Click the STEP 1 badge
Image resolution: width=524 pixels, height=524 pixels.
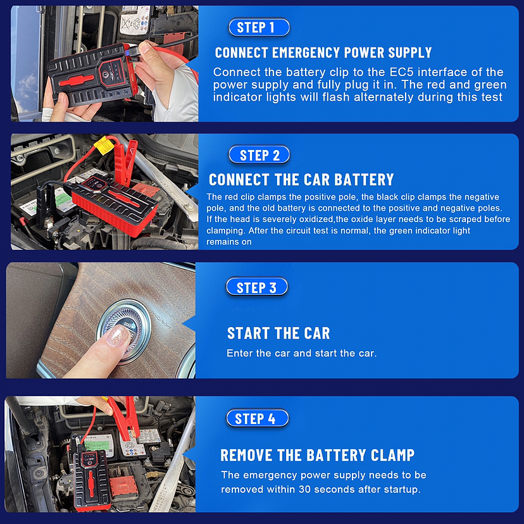259,27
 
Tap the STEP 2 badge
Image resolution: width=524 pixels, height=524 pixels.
259,155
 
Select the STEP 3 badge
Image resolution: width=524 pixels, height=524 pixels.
257,287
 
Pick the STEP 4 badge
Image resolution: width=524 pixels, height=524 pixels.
257,418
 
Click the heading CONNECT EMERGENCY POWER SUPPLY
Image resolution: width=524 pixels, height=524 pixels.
323,53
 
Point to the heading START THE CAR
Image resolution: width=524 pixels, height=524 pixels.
278,333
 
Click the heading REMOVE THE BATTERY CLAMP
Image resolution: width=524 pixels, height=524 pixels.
317,455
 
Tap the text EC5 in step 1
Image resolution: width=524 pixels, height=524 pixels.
401,72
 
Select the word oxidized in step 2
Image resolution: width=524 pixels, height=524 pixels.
316,219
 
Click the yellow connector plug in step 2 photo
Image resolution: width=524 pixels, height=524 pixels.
104,145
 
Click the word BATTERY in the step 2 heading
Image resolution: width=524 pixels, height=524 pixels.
364,180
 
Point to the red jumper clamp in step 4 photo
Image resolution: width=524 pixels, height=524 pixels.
124,418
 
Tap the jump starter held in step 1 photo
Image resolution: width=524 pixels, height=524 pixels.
92,75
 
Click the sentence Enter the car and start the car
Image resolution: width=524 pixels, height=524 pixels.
301,353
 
